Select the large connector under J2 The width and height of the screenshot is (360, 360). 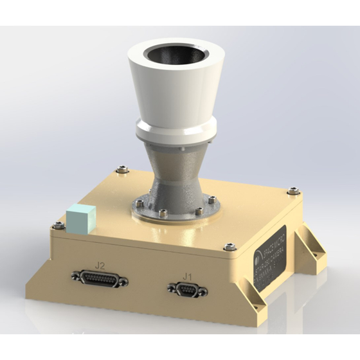(100, 280)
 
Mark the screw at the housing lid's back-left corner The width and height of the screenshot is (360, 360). (120, 170)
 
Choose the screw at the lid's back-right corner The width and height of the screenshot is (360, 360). (292, 190)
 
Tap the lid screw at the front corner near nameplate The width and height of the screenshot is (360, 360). (230, 247)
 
